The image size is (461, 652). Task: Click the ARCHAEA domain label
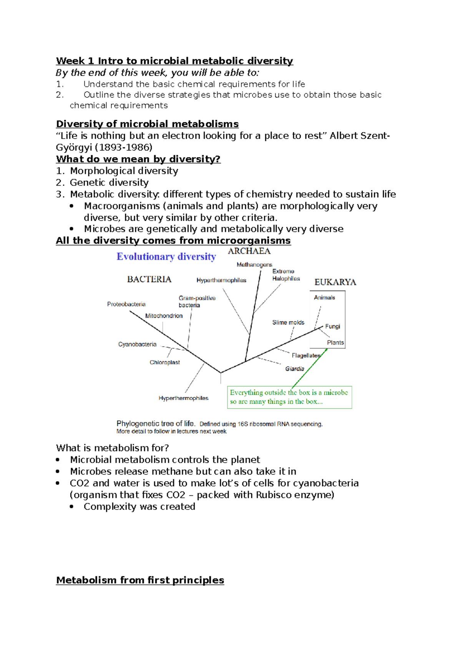point(249,251)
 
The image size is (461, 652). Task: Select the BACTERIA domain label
point(149,279)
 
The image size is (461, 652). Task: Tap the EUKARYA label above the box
point(335,282)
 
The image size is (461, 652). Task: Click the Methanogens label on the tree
point(254,265)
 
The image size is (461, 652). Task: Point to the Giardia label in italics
point(295,369)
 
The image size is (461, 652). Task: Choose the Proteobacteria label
point(126,304)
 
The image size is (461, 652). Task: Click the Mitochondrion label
point(164,316)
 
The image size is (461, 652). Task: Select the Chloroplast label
point(164,362)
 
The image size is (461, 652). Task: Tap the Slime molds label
point(288,323)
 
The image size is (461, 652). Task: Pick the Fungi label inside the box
point(332,326)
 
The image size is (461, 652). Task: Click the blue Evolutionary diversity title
point(166,256)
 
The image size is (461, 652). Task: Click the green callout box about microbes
point(289,397)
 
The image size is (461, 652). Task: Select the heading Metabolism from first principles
point(140,580)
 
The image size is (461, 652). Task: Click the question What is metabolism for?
point(112,448)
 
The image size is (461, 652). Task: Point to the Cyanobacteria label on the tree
point(137,344)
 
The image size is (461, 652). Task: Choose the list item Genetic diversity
point(109,182)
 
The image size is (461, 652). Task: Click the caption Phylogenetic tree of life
point(156,424)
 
